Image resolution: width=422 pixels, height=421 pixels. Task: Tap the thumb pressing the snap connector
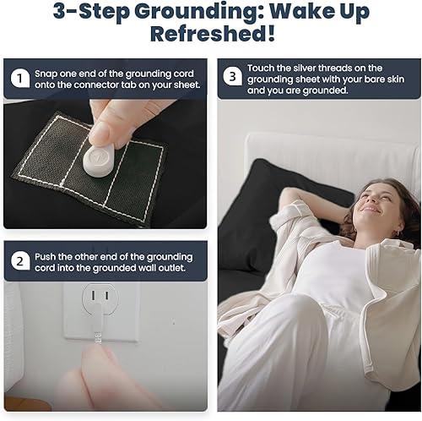[103, 131]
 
